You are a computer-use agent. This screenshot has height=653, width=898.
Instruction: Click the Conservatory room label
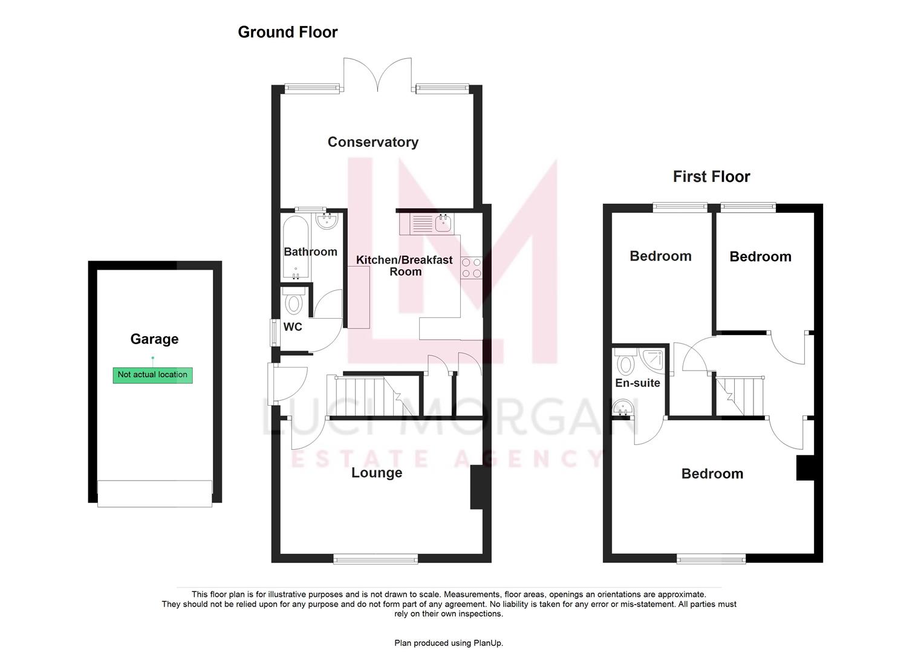(x=373, y=142)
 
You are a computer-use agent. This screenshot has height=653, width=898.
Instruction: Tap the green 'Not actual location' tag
(x=152, y=375)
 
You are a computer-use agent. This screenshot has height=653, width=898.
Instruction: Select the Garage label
(x=154, y=339)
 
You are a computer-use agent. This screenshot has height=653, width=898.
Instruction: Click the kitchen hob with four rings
(x=471, y=268)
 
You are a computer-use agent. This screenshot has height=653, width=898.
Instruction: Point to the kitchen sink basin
(x=443, y=224)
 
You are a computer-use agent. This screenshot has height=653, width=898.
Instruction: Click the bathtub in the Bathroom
(x=296, y=247)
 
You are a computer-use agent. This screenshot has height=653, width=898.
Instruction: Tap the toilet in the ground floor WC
(x=294, y=302)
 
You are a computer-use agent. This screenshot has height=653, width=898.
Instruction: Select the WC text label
(x=293, y=327)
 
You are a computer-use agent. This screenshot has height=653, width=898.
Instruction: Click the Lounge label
(x=377, y=473)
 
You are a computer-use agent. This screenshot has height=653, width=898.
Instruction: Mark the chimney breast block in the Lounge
(x=476, y=487)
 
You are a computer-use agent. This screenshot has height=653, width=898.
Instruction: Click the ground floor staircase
(x=369, y=396)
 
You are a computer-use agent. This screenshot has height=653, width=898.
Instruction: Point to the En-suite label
(x=637, y=383)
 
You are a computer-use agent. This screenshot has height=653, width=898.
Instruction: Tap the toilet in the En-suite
(x=625, y=363)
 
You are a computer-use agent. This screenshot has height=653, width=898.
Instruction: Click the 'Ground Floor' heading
(x=287, y=32)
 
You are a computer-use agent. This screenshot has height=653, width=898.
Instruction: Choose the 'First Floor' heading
(x=711, y=177)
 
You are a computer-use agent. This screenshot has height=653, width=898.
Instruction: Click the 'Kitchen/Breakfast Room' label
(x=405, y=265)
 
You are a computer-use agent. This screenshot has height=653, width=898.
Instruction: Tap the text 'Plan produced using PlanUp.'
(x=449, y=643)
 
